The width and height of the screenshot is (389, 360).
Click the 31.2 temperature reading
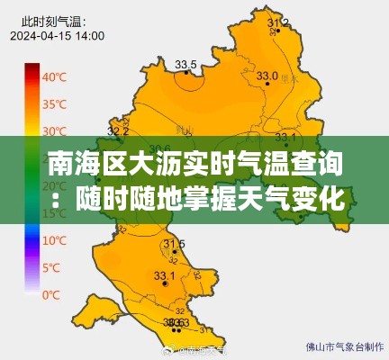(x=279, y=22)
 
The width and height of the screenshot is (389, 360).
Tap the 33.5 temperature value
(x=185, y=64)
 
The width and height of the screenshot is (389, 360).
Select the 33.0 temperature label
(x=267, y=76)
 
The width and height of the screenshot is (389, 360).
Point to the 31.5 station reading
(x=174, y=244)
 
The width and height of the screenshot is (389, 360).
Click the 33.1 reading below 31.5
(x=165, y=275)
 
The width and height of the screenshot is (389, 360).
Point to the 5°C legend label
(x=52, y=267)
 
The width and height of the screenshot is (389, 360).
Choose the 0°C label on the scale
(x=52, y=294)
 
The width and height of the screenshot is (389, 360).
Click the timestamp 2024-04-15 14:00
(x=58, y=36)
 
